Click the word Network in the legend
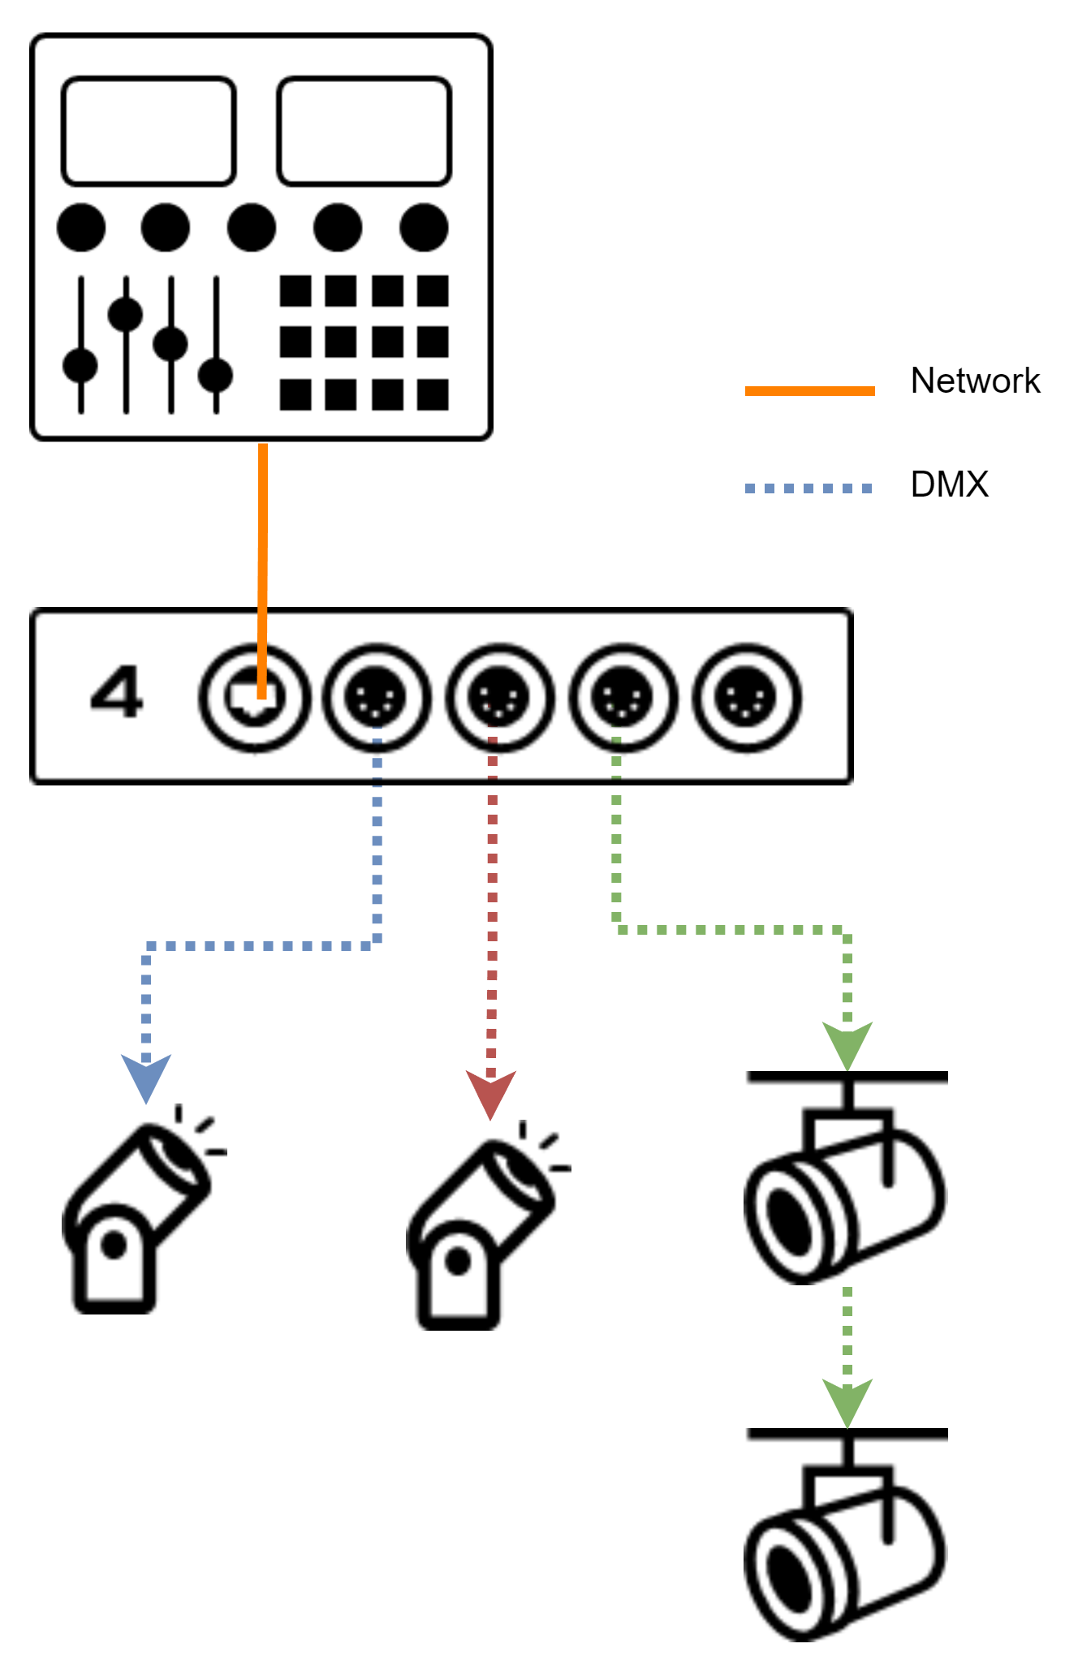pos(975,381)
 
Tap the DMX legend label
pos(949,485)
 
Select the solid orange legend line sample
pos(809,391)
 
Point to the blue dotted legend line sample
pos(808,488)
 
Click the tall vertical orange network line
pos(262,568)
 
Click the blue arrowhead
pos(146,1075)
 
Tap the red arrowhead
pos(490,1092)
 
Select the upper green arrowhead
pos(847,1043)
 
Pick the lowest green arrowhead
pos(847,1400)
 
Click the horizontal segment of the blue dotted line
pos(260,946)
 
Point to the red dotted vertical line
pos(492,893)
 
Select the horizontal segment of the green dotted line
pos(731,930)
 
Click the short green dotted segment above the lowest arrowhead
pos(847,1331)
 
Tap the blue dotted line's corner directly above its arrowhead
pos(147,947)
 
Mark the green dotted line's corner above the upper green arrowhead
pos(847,931)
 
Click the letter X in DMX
pos(975,485)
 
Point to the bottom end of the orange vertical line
pos(261,696)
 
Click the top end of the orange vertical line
pos(263,446)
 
